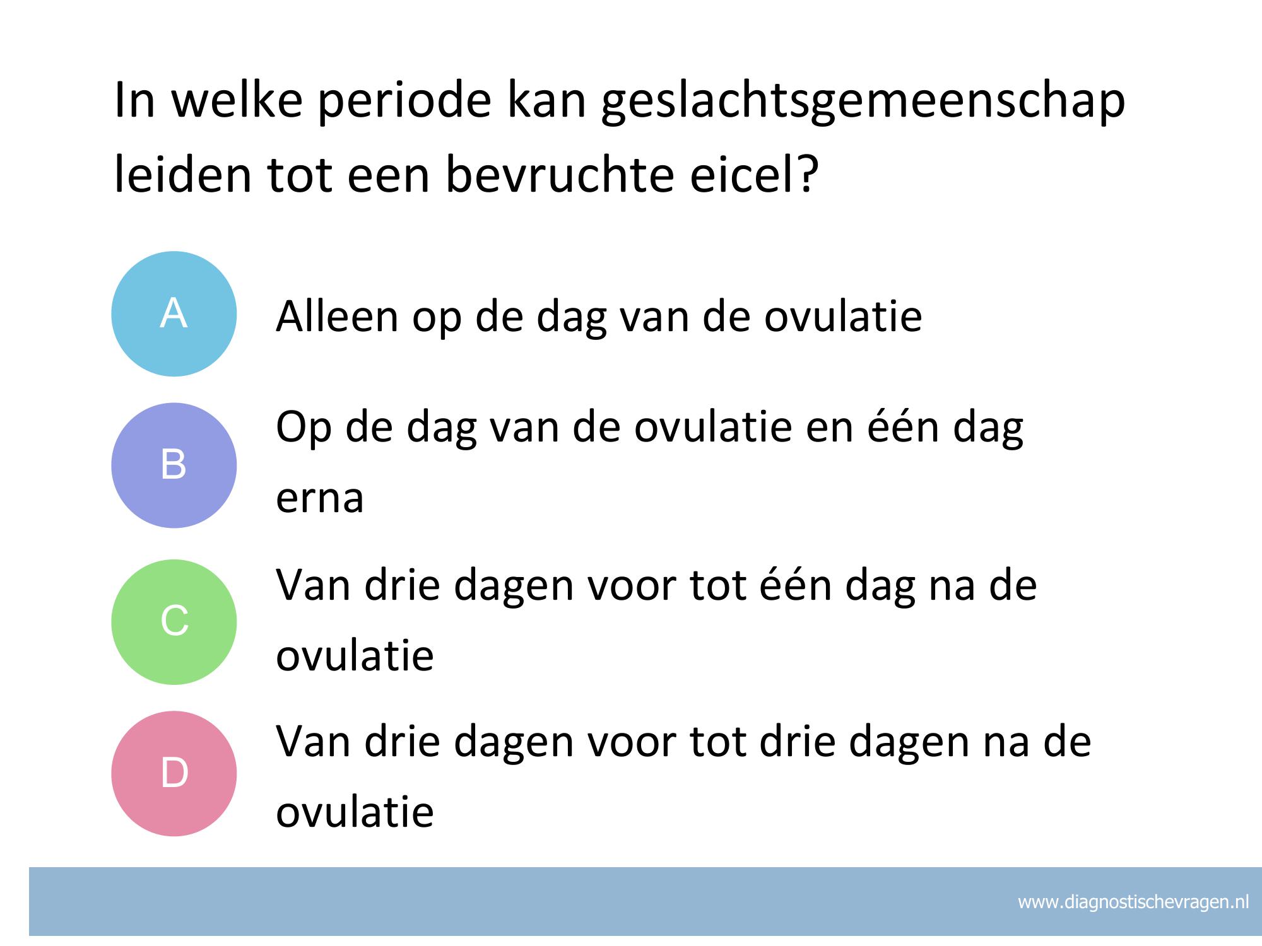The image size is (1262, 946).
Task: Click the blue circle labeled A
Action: [x=174, y=314]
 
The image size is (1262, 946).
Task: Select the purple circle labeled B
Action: [x=174, y=465]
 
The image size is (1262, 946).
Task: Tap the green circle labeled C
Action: [x=174, y=622]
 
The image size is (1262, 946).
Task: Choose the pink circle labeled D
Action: [x=174, y=773]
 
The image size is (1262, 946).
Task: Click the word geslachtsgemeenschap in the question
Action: [x=863, y=102]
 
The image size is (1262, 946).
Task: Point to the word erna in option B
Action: [x=320, y=498]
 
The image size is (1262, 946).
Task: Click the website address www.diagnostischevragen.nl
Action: [x=1133, y=902]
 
